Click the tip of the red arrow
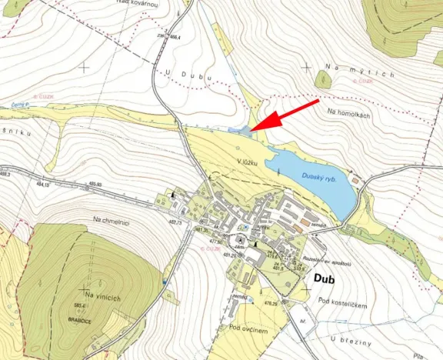click(x=254, y=128)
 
